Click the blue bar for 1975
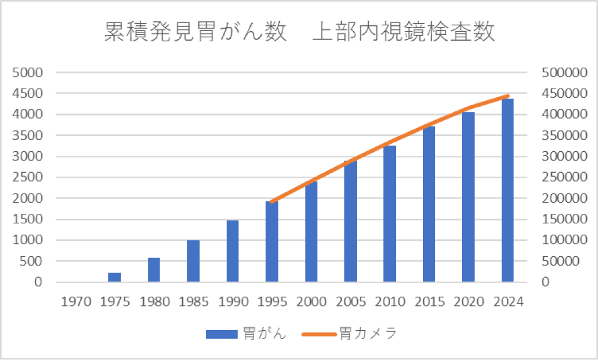click(115, 277)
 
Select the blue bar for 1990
click(232, 251)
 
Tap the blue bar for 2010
click(390, 214)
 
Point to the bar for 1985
click(193, 261)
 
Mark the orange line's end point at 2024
click(508, 96)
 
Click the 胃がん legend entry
click(246, 333)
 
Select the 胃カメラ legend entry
click(350, 333)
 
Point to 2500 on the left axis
click(27, 177)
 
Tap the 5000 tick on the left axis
click(27, 73)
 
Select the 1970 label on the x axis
click(75, 301)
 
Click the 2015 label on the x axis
click(429, 301)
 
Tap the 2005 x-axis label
click(350, 301)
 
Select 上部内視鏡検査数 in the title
click(403, 32)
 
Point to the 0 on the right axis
click(546, 282)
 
